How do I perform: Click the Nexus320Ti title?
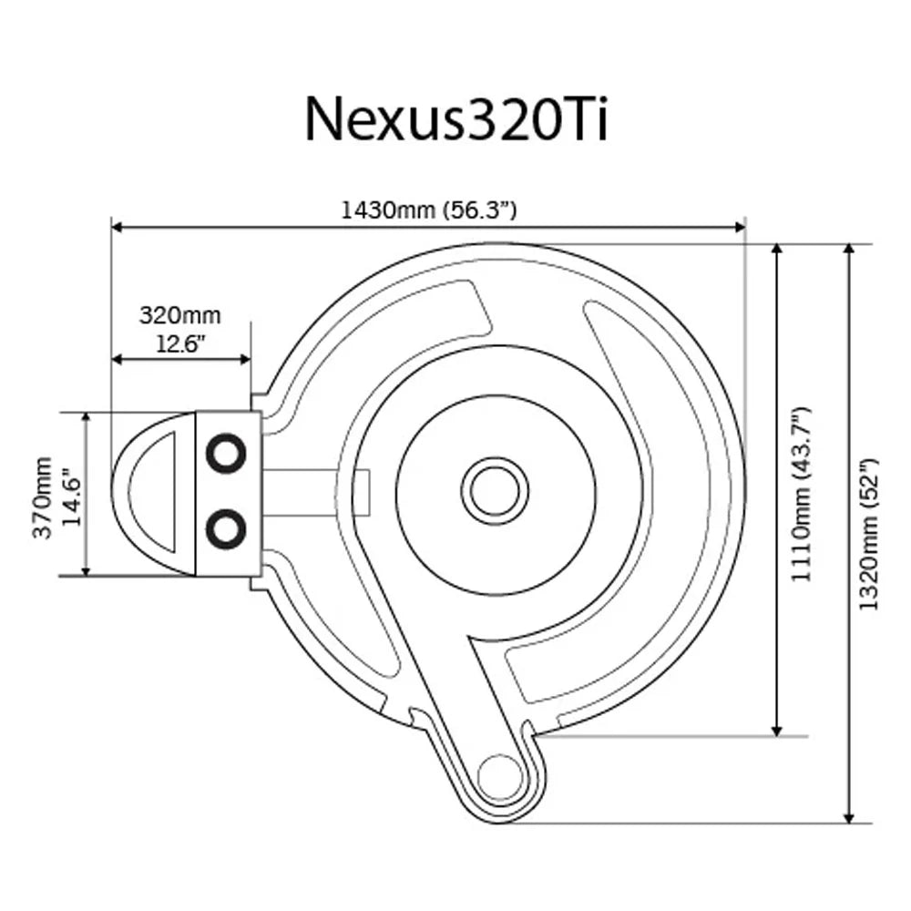(455, 118)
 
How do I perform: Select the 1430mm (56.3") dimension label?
(429, 210)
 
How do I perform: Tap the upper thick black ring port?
(225, 453)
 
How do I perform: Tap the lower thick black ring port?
(225, 528)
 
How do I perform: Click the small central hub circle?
(495, 492)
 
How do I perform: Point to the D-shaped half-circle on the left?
(155, 492)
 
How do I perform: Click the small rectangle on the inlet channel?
(362, 492)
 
